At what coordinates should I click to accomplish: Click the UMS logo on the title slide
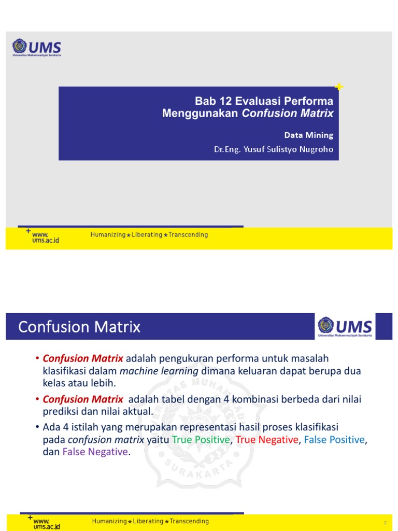point(36,48)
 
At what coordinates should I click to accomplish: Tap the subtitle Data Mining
point(308,135)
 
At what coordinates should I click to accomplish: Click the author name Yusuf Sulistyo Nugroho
point(292,149)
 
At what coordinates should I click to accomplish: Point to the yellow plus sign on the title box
point(339,87)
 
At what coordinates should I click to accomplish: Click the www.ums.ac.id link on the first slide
point(45,237)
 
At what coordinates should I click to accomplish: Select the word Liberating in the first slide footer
point(148,235)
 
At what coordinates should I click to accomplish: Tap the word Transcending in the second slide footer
point(189,521)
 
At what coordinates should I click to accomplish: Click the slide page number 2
point(385,522)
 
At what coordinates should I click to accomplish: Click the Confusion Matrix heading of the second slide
point(79,327)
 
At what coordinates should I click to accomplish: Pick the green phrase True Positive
point(201,440)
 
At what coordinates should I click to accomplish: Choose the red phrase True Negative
point(267,440)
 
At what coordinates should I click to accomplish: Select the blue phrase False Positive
point(335,440)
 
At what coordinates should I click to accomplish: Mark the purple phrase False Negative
point(95,452)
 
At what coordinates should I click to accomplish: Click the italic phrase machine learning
point(159,371)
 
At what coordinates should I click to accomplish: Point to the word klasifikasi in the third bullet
point(312,427)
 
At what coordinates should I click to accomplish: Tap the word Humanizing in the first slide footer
point(108,235)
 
